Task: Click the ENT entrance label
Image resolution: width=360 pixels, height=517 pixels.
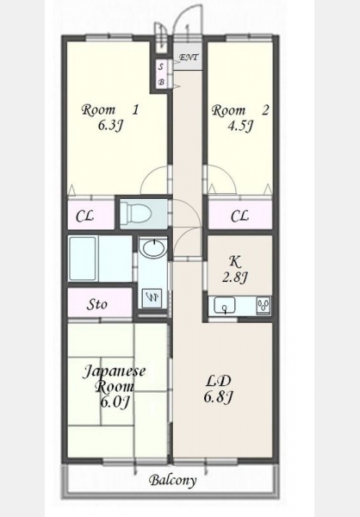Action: pyautogui.click(x=189, y=58)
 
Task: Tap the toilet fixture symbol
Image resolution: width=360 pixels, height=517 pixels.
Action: pyautogui.click(x=136, y=213)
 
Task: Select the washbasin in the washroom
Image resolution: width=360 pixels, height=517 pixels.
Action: pyautogui.click(x=153, y=247)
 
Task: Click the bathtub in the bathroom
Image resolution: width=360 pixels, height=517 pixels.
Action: pyautogui.click(x=83, y=258)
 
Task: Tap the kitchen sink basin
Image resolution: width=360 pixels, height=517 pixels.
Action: pyautogui.click(x=225, y=305)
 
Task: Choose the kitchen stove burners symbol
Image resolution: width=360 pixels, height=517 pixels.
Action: pyautogui.click(x=264, y=305)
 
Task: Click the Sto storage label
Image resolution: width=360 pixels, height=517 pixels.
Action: pyautogui.click(x=96, y=304)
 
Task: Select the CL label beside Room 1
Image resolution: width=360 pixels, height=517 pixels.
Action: pyautogui.click(x=84, y=216)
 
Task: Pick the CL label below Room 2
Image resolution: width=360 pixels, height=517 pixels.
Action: pyautogui.click(x=239, y=216)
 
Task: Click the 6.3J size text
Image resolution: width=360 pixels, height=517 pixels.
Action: pyautogui.click(x=110, y=125)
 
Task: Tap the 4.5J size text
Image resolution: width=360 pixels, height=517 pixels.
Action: pyautogui.click(x=240, y=126)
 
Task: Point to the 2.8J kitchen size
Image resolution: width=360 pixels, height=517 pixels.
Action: pyautogui.click(x=235, y=277)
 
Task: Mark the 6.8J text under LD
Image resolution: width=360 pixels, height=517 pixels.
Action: pyautogui.click(x=218, y=397)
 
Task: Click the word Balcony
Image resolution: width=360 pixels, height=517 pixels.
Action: pyautogui.click(x=173, y=481)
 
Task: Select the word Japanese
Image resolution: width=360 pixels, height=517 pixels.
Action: pyautogui.click(x=114, y=371)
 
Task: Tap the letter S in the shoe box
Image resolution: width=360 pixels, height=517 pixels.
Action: pyautogui.click(x=161, y=67)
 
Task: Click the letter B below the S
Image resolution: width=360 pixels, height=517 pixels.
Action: pyautogui.click(x=161, y=82)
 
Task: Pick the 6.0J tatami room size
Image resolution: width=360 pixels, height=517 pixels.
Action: pyautogui.click(x=114, y=402)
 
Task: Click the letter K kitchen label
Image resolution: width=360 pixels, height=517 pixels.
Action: pyautogui.click(x=235, y=261)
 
